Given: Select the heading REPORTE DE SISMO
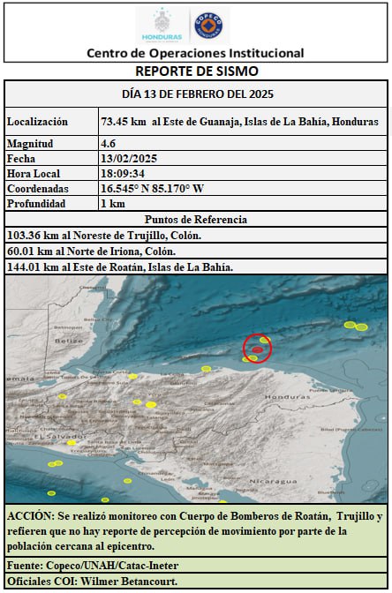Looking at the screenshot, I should click(196, 71).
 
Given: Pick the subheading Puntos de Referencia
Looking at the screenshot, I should click(196, 220).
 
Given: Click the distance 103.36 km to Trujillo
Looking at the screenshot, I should click(30, 236).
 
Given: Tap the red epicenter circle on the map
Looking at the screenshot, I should click(257, 349).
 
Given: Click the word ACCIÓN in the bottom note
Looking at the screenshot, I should click(30, 515).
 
